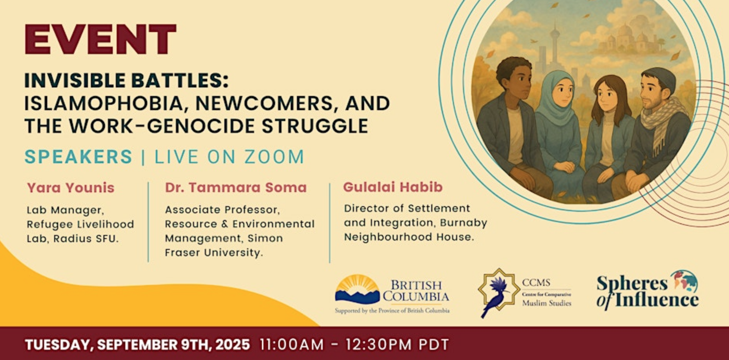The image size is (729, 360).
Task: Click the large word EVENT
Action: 100,39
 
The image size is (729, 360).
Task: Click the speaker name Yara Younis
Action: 71,188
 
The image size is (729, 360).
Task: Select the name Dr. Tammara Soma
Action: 236,187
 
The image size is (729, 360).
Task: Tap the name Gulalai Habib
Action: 393,187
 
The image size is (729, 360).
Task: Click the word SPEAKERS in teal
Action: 78,157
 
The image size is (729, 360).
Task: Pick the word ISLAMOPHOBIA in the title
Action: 104,103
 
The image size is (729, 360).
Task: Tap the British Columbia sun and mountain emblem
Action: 357,289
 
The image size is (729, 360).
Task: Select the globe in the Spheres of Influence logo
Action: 685,281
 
